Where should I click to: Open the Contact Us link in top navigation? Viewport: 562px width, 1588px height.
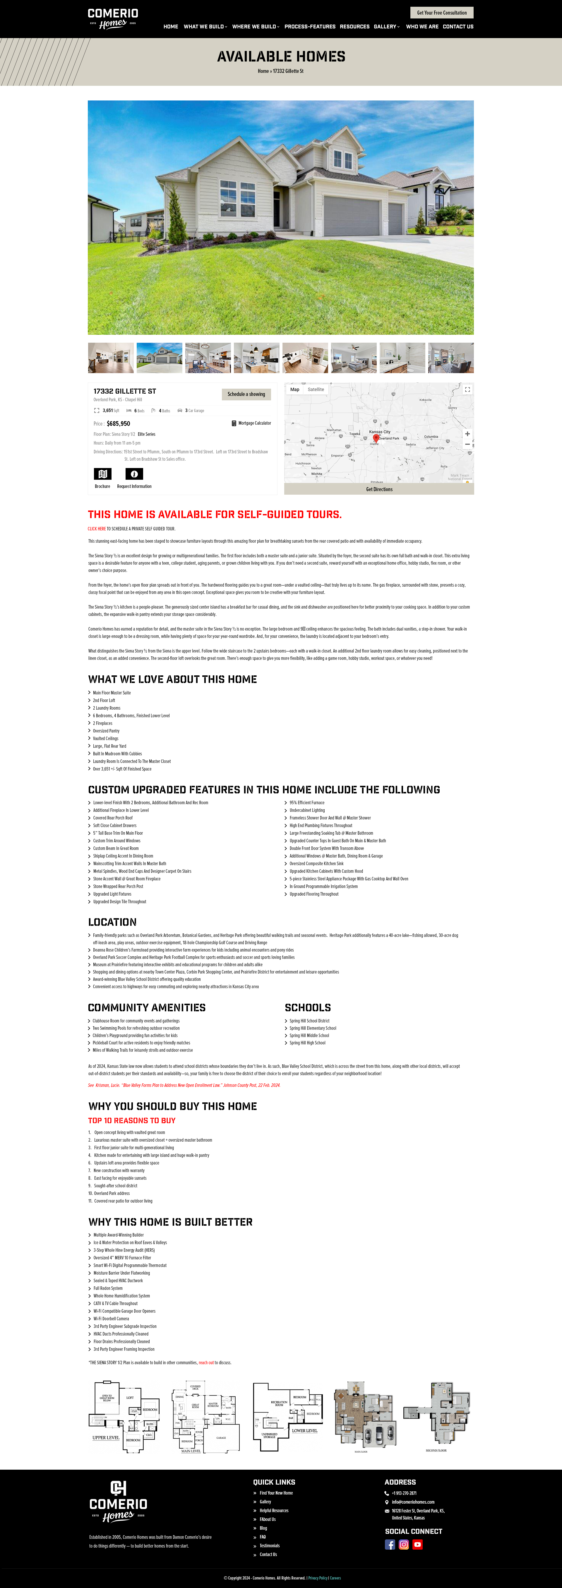458,27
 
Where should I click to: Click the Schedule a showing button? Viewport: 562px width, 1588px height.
246,394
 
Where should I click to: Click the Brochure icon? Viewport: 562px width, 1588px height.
102,474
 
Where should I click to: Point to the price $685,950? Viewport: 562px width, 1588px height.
118,424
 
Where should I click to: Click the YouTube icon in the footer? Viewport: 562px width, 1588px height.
417,1544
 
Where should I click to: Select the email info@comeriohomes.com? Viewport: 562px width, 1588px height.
413,1502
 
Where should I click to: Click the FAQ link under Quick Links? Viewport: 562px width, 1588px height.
263,1537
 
